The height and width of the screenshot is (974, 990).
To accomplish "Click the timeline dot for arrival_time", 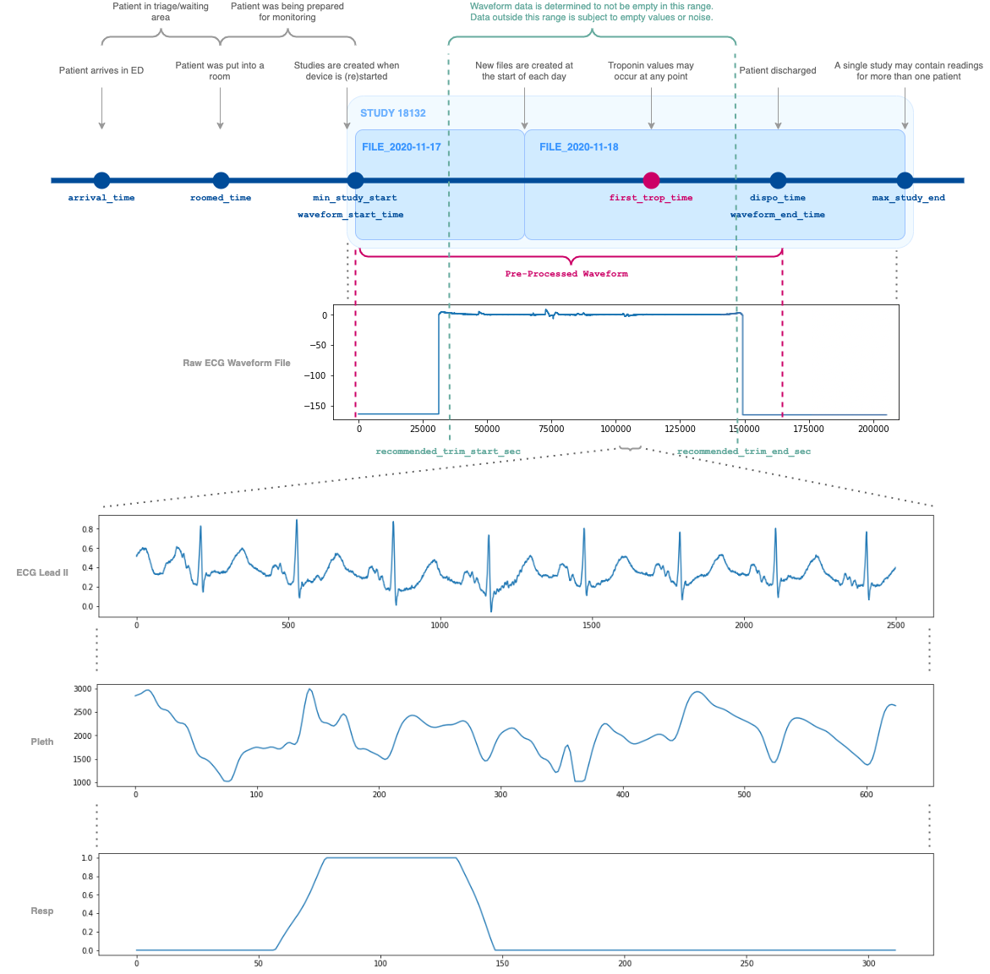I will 101,180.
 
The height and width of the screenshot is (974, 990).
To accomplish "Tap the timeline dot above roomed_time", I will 221,180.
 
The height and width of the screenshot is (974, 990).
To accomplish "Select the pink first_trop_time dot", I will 651,180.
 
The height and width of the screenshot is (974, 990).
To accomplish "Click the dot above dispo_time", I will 778,180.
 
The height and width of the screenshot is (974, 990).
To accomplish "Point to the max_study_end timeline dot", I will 905,180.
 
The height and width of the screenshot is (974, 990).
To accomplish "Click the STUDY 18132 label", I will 393,113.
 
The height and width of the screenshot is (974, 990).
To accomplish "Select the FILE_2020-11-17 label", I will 402,147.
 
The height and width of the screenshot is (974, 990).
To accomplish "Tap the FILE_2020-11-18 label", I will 579,147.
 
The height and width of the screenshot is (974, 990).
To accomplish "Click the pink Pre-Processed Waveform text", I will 566,274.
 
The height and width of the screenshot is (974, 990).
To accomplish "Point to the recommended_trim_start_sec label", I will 448,451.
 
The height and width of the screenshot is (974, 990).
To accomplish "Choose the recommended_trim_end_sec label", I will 744,451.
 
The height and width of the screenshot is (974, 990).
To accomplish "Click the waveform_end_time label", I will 778,215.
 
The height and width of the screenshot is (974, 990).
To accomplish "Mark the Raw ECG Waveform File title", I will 237,363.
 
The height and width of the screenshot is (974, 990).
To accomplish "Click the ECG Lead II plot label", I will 42,572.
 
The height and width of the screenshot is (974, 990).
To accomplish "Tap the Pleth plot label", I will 42,741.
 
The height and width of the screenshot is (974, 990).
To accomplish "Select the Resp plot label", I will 42,911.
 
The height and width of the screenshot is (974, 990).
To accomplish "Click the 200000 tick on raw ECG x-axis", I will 872,429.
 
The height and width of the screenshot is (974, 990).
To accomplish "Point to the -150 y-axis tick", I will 315,406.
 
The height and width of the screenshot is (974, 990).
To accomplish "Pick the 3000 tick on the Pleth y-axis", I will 82,689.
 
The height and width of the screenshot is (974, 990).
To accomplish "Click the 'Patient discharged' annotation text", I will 778,71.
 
